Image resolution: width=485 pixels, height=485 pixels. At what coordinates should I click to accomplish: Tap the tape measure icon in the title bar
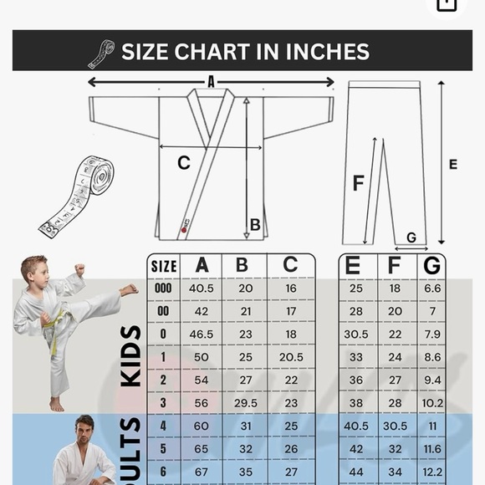click(x=101, y=54)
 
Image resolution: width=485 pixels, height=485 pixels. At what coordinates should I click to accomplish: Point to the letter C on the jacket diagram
click(x=184, y=164)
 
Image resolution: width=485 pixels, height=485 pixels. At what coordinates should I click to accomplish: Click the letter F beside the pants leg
click(x=358, y=183)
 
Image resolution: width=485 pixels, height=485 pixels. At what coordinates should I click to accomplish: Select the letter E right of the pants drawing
click(x=453, y=165)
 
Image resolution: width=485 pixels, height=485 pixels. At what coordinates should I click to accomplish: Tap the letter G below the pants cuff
click(x=411, y=237)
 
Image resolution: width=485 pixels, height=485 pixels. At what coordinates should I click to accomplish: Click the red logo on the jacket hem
click(x=185, y=228)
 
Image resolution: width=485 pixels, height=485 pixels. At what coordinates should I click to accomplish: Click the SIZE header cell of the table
click(x=164, y=267)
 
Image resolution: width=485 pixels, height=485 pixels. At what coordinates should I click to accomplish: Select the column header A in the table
click(x=202, y=265)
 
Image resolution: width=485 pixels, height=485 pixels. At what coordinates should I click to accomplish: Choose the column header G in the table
click(x=432, y=265)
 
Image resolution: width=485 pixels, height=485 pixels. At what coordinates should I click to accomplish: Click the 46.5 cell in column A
click(x=202, y=333)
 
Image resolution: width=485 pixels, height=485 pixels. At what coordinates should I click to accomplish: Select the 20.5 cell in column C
click(x=289, y=356)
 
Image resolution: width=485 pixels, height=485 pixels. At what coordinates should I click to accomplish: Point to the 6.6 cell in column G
click(x=432, y=288)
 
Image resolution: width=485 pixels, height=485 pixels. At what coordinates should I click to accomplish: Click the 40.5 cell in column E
click(x=355, y=425)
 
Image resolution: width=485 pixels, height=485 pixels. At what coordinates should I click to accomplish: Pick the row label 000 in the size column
click(x=164, y=288)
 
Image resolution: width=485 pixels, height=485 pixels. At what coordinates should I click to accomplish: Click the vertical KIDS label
click(x=130, y=355)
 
